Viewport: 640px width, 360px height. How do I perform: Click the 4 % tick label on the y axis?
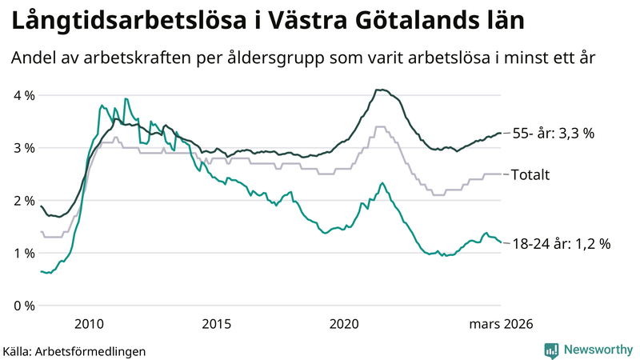[x=23, y=95]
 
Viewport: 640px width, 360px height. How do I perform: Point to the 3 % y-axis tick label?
[x=23, y=148]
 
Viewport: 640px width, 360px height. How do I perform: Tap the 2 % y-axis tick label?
[x=23, y=201]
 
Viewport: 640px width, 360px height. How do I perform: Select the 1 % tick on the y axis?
[x=23, y=254]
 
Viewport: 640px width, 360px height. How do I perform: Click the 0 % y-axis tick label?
[x=23, y=306]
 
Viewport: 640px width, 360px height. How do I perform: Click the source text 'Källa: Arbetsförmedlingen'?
[x=74, y=350]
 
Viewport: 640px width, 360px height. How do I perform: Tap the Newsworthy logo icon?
[x=551, y=350]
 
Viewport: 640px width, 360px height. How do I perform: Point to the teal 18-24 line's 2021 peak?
[x=382, y=182]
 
